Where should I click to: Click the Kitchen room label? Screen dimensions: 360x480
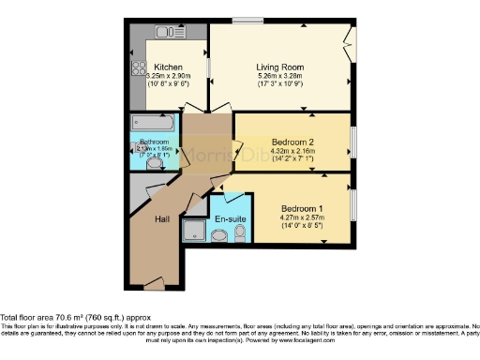169,67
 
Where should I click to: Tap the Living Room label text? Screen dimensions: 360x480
280,67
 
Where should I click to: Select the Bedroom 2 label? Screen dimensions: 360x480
292,142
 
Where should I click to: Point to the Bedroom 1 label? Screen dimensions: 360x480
302,207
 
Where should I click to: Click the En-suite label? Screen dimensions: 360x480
229,219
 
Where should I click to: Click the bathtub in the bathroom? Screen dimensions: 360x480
151,123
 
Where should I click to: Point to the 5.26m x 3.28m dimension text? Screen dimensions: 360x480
280,76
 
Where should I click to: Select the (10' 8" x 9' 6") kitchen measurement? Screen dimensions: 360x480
169,84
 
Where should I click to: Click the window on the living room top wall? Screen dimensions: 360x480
247,20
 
